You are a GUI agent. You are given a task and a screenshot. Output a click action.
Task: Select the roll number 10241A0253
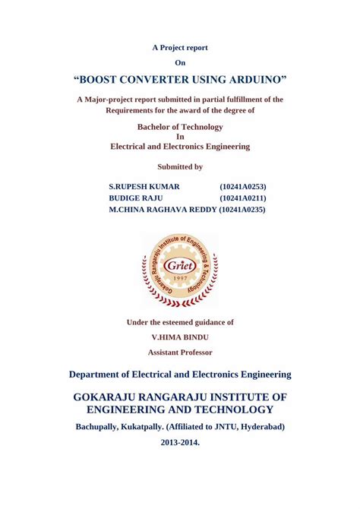pos(242,186)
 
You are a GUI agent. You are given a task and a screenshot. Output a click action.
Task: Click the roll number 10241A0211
pos(242,198)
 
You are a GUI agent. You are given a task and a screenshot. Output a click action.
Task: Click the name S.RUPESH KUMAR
pos(144,186)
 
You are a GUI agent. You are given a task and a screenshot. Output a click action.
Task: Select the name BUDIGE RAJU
pos(136,198)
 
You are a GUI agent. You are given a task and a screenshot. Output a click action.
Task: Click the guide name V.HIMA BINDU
pos(180,337)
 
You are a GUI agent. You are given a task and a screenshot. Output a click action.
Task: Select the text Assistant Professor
pos(180,352)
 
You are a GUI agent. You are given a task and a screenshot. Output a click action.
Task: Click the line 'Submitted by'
pos(180,166)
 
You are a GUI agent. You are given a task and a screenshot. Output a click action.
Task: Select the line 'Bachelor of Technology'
pos(180,127)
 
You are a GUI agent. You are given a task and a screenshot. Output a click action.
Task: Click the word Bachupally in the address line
pos(103,426)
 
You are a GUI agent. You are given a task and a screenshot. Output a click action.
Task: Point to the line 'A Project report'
pos(180,48)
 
